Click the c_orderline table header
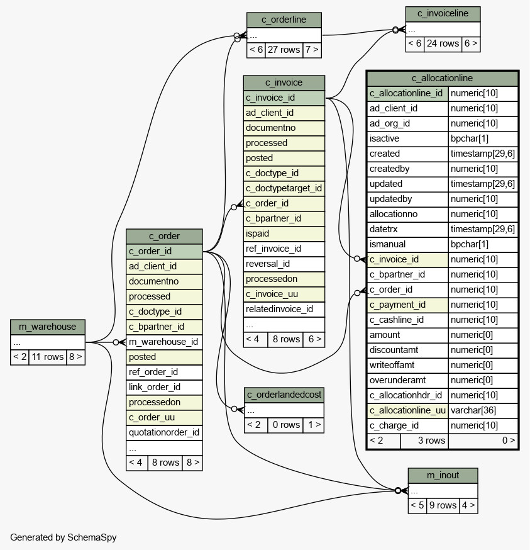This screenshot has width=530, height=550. click(284, 20)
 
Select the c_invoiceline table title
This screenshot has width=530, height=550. click(443, 14)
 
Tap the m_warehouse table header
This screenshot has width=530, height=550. click(48, 327)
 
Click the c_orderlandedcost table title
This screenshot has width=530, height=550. click(284, 395)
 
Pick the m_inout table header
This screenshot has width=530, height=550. click(443, 475)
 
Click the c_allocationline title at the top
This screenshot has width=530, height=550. click(443, 78)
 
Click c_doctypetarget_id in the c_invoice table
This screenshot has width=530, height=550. click(284, 188)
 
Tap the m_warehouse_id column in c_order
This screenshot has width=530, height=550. click(164, 342)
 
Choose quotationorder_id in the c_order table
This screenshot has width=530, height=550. click(164, 432)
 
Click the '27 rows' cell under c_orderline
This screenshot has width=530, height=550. click(284, 50)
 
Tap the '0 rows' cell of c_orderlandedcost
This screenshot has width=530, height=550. click(286, 425)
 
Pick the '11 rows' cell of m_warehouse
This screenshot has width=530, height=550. click(48, 357)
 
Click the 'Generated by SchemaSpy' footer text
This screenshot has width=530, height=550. click(63, 537)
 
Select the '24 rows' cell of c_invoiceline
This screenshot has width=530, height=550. click(443, 43)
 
